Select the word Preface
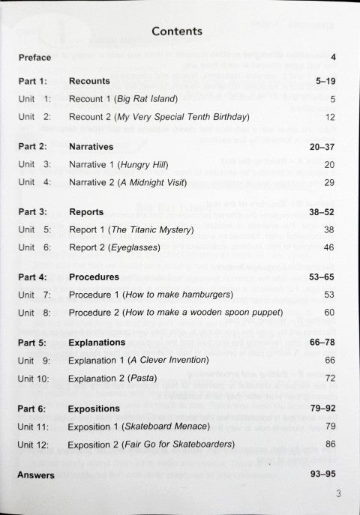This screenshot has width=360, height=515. [x=35, y=57]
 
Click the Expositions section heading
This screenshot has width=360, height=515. [x=94, y=409]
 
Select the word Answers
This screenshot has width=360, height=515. [x=36, y=475]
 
